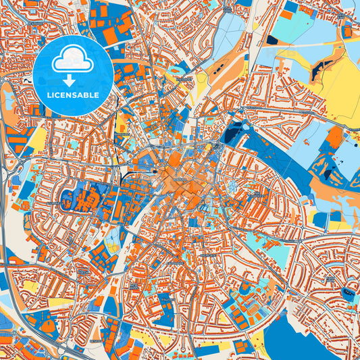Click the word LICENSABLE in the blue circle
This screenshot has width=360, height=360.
click(72, 95)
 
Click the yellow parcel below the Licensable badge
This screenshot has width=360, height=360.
click(38, 138)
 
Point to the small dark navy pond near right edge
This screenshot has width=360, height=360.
click(347, 291)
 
